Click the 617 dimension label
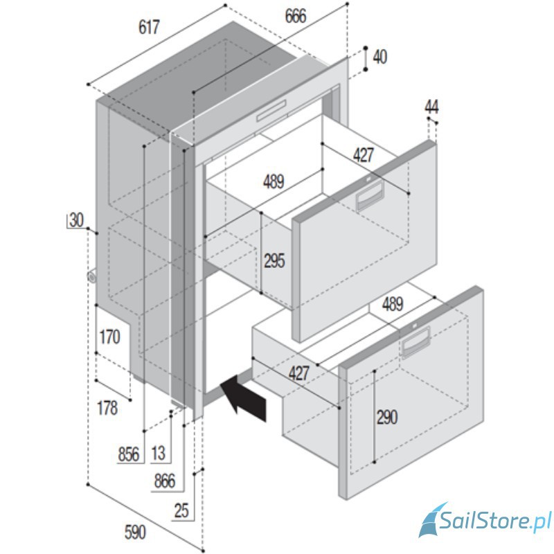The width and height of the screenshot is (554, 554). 149,27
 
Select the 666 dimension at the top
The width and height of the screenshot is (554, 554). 296,16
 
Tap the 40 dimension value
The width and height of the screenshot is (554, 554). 379,57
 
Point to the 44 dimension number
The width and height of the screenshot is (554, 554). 431,107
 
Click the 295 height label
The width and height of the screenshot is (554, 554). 274,261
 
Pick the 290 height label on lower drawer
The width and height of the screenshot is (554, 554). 387,418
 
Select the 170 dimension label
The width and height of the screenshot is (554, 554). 110,337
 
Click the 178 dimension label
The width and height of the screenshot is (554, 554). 107,408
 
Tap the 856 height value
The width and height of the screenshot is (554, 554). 129,454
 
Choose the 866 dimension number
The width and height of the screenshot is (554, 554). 165,481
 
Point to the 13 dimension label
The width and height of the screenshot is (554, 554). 158,454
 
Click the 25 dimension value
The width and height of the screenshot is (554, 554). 181,510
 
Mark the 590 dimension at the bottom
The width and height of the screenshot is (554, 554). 135,533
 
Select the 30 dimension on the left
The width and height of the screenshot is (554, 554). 76,220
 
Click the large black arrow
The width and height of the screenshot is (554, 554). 244,397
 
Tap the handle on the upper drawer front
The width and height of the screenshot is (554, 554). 370,195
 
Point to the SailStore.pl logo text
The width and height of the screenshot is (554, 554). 495,520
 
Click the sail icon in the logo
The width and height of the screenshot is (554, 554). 431,519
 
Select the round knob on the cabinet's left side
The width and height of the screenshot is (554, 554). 91,276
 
